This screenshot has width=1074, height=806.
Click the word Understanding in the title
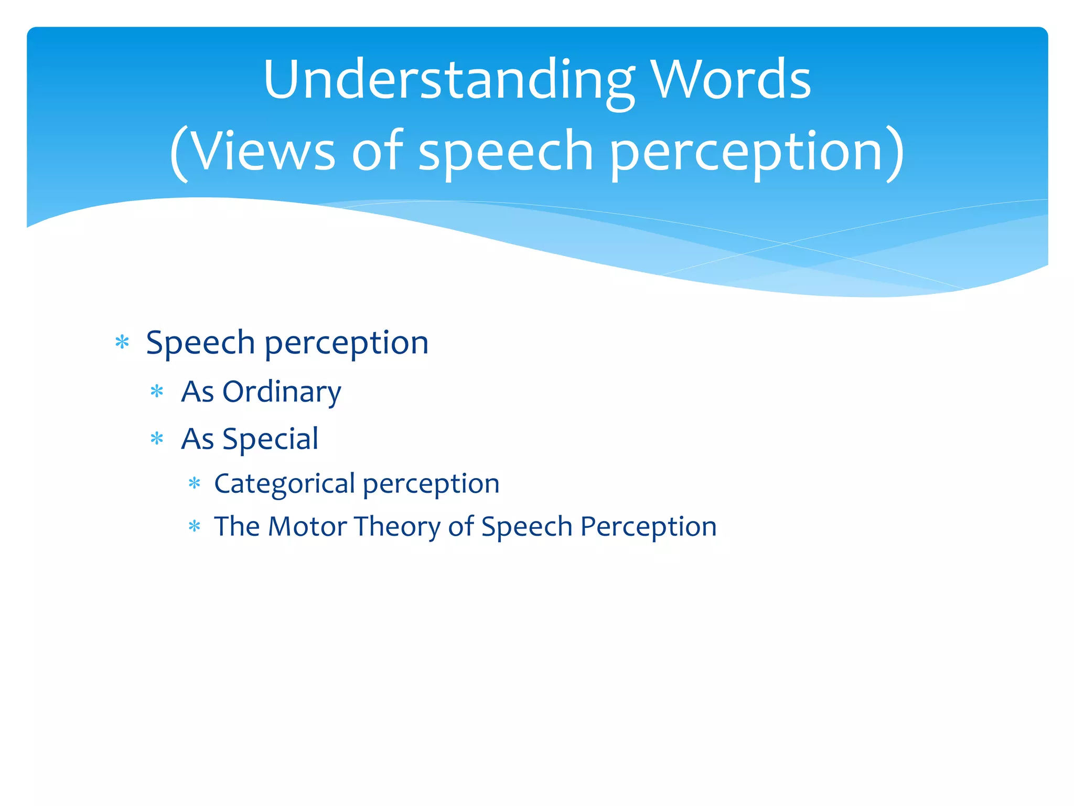pyautogui.click(x=449, y=80)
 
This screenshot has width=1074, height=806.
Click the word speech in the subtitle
pyautogui.click(x=506, y=152)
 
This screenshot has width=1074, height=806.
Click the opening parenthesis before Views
pyautogui.click(x=179, y=153)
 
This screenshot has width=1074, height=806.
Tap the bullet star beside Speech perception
pyautogui.click(x=122, y=343)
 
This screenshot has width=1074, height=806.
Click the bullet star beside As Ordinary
pyautogui.click(x=157, y=391)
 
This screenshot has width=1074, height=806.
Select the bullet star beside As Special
pyautogui.click(x=157, y=438)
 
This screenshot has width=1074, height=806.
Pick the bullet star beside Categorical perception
pyautogui.click(x=195, y=483)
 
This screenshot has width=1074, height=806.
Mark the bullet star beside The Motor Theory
pyautogui.click(x=195, y=526)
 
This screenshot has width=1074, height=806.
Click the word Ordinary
pyautogui.click(x=282, y=392)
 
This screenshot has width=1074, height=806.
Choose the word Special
pyautogui.click(x=270, y=439)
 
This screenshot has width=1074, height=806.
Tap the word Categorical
pyautogui.click(x=285, y=483)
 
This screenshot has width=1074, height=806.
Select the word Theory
pyautogui.click(x=397, y=526)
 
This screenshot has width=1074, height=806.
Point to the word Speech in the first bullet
pyautogui.click(x=200, y=343)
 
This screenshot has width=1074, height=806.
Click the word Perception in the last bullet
pyautogui.click(x=648, y=526)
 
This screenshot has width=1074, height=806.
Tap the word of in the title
pyautogui.click(x=377, y=152)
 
